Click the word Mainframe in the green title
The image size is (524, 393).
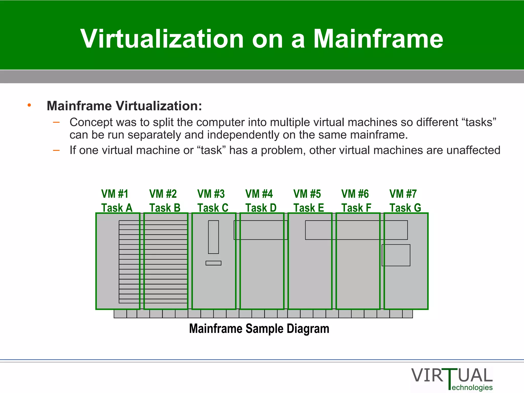click(378, 39)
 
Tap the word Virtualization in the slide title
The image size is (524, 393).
click(162, 39)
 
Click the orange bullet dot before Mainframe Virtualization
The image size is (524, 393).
click(29, 105)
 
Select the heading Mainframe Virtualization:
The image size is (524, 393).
click(124, 106)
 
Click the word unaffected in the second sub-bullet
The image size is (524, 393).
click(473, 150)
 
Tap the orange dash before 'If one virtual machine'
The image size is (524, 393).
click(56, 150)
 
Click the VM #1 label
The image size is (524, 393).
click(115, 194)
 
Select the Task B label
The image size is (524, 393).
click(165, 208)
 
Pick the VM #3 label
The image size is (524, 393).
click(211, 194)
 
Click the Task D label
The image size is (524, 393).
click(261, 208)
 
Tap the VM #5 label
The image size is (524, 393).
click(307, 194)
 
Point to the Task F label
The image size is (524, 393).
click(356, 208)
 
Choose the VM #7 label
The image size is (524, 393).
click(403, 194)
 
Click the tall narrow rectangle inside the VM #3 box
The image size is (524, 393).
click(213, 237)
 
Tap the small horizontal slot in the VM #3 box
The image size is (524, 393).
click(213, 263)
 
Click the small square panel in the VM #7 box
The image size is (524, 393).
click(396, 255)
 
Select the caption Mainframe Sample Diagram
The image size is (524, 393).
click(259, 329)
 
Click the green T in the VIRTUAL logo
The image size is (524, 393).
click(450, 379)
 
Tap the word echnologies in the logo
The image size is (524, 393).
click(472, 388)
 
